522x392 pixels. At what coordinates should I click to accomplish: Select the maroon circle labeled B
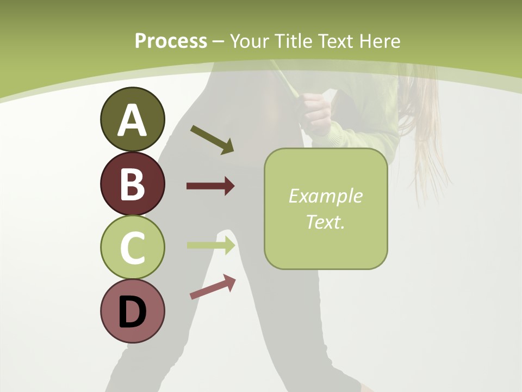[x=132, y=183]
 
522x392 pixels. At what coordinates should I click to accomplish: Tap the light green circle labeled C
[x=132, y=247]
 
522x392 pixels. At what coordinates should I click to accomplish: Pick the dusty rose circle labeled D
[x=132, y=311]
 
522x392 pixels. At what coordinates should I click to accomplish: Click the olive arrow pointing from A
[x=212, y=139]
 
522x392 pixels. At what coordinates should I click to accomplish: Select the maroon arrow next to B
[x=210, y=186]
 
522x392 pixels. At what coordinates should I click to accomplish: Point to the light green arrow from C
[x=211, y=245]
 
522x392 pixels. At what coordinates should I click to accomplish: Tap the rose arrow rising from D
[x=213, y=287]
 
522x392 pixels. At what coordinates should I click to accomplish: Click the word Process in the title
[x=171, y=41]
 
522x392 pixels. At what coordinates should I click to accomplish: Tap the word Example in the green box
[x=325, y=197]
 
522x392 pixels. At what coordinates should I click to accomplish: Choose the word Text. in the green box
[x=325, y=222]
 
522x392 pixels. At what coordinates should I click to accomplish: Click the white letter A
[x=132, y=120]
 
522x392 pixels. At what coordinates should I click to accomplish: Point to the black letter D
[x=132, y=312]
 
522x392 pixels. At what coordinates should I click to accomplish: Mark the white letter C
[x=132, y=248]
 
